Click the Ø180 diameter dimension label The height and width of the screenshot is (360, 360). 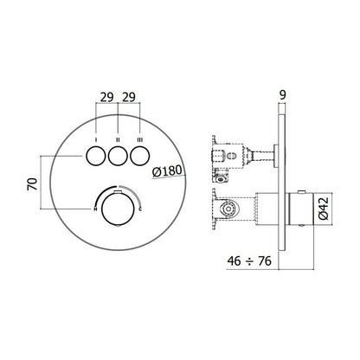167,171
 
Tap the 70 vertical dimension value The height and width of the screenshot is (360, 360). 33,184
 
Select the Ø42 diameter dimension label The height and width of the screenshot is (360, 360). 324,209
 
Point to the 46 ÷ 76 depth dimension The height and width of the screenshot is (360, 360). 249,261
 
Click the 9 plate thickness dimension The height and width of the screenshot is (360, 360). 283,94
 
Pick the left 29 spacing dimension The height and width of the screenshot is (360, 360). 106,97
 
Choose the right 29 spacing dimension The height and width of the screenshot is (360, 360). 129,97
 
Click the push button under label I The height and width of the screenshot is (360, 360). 95,156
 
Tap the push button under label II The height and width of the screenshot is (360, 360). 118,156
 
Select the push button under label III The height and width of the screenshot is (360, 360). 140,156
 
